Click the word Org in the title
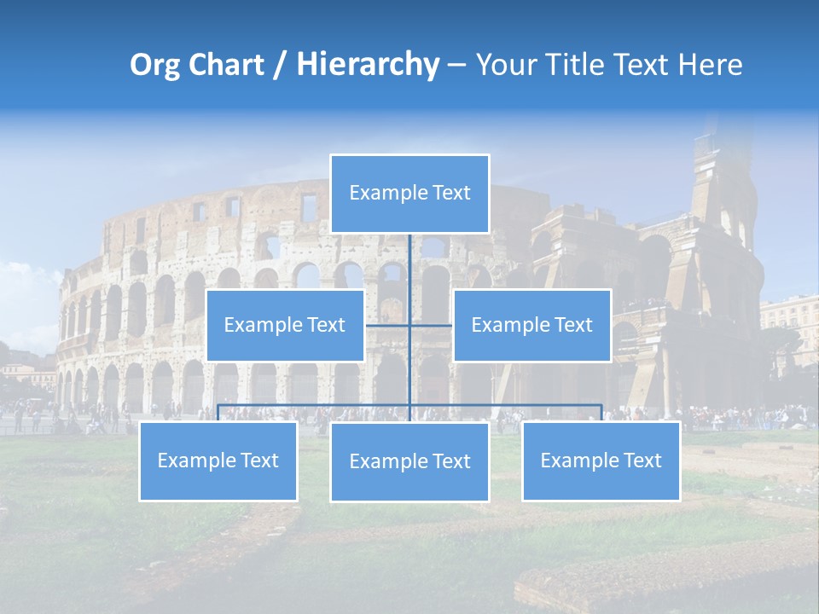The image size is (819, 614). click(x=156, y=66)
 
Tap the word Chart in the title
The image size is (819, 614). click(x=224, y=66)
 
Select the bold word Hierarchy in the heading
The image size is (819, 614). click(x=368, y=66)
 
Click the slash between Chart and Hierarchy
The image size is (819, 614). click(x=278, y=66)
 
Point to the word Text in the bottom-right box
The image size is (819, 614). click(x=642, y=460)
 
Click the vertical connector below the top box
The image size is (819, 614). click(x=409, y=264)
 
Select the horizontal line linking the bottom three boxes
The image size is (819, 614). click(x=316, y=405)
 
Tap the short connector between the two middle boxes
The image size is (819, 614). click(x=431, y=325)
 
